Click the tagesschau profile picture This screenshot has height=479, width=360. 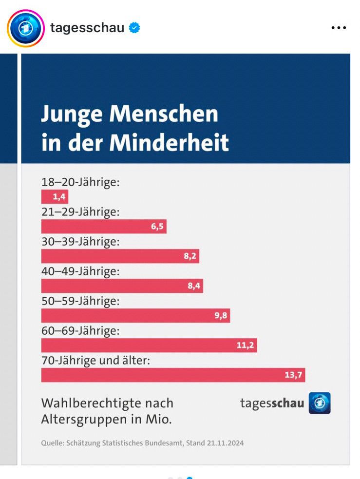click(25, 28)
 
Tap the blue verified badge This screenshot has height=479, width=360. click(134, 28)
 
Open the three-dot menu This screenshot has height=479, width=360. click(339, 28)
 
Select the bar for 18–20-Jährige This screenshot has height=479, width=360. click(55, 197)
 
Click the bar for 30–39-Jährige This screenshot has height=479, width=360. click(120, 256)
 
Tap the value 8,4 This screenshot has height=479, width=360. click(194, 286)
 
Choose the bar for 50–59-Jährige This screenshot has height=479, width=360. click(135, 316)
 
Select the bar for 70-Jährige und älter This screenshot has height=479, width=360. click(173, 375)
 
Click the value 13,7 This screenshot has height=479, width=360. click(294, 375)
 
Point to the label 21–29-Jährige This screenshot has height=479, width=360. click(80, 212)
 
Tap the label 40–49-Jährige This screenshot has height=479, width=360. click(80, 271)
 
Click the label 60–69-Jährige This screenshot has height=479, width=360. click(80, 331)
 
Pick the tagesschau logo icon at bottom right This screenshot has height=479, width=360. click(320, 403)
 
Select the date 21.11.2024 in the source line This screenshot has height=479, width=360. click(225, 443)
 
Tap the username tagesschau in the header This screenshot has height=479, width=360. click(87, 28)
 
